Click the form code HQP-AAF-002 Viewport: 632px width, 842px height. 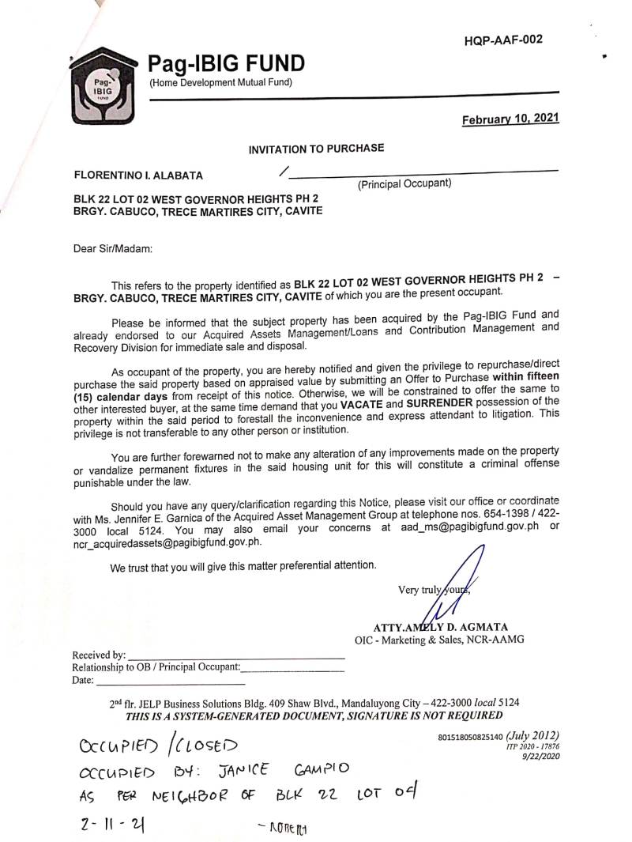(x=503, y=40)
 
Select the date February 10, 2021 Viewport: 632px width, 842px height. (x=510, y=119)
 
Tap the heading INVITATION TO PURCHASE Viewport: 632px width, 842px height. (x=317, y=148)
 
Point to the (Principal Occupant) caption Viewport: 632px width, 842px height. (x=404, y=183)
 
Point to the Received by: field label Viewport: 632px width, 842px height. (x=99, y=655)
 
